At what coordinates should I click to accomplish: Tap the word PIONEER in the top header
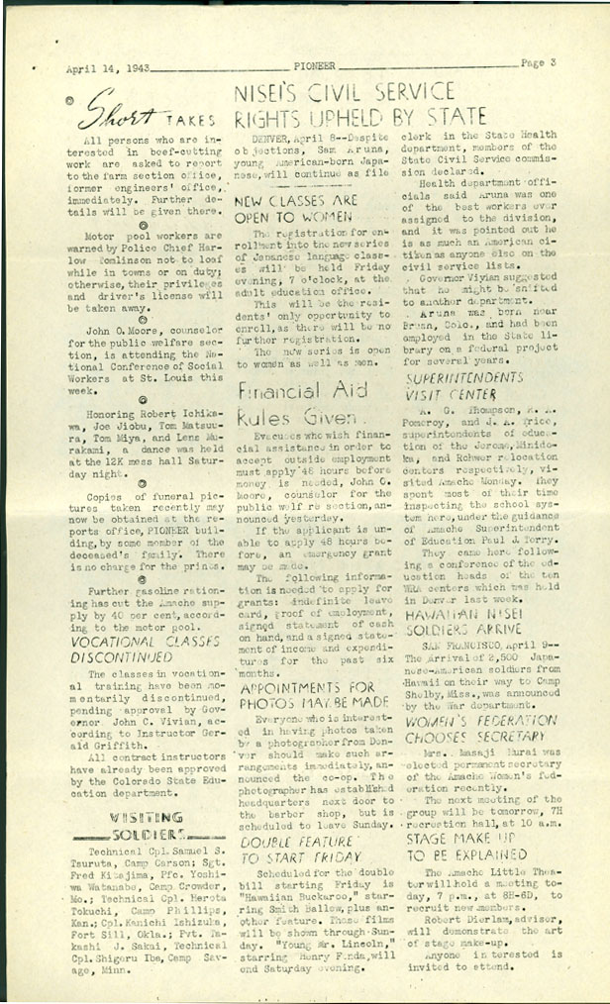(314, 65)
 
